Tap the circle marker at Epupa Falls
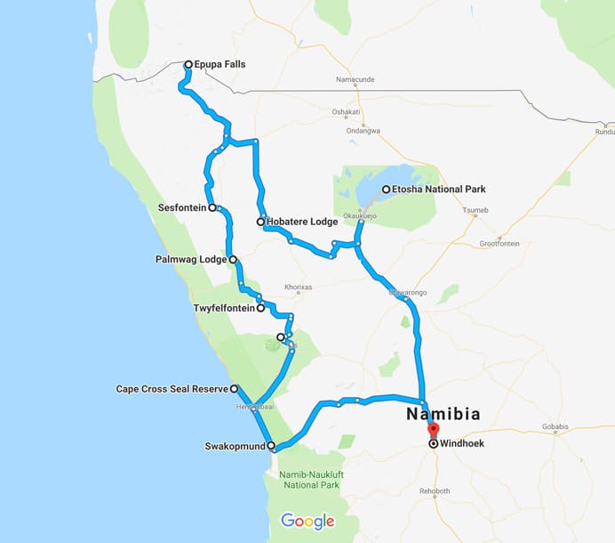point(188,64)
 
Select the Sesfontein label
point(181,207)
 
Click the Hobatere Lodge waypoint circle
point(260,222)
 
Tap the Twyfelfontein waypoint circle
point(260,308)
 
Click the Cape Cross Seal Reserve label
point(172,389)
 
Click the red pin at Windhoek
point(433,431)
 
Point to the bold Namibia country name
point(443,414)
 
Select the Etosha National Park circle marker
point(386,189)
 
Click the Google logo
point(307,521)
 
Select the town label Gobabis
point(555,429)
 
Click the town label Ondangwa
point(363,131)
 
